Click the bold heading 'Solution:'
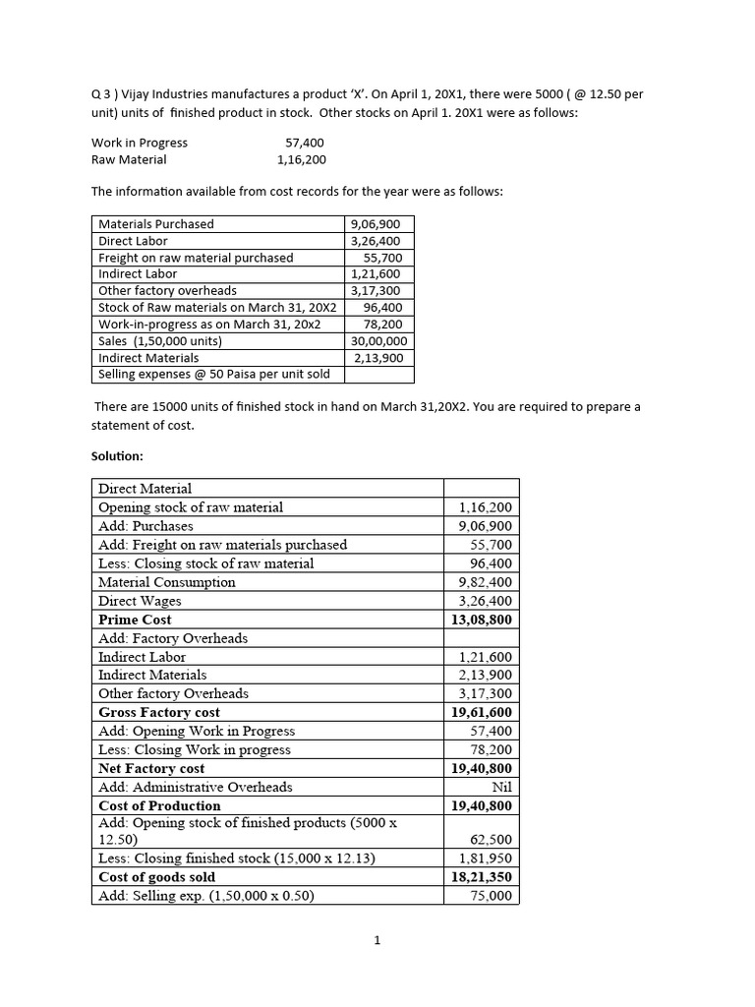tap(118, 456)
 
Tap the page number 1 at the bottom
tap(377, 940)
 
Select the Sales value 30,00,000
tap(378, 341)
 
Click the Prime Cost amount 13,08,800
tap(482, 620)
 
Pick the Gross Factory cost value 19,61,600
tap(482, 712)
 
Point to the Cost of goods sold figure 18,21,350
tap(482, 877)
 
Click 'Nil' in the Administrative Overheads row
tap(501, 787)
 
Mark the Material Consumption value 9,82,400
tap(485, 582)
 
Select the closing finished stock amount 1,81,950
tap(485, 859)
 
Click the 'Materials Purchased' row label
tap(156, 224)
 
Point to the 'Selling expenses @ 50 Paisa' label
tap(214, 375)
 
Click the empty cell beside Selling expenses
tap(379, 375)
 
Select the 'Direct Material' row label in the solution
tap(145, 489)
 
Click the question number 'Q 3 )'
tap(103, 93)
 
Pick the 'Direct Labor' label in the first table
tap(133, 241)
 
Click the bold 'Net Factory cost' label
tap(151, 768)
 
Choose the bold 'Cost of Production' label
tap(159, 805)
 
